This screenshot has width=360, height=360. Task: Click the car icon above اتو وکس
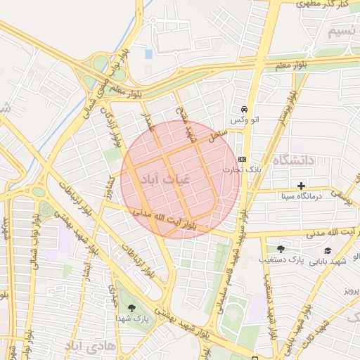(x=244, y=110)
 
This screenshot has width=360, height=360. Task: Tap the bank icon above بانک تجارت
(x=243, y=159)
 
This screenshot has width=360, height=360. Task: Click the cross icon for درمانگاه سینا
(x=302, y=186)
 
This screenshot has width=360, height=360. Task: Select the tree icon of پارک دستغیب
(x=281, y=250)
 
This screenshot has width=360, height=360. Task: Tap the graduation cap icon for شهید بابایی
(x=328, y=250)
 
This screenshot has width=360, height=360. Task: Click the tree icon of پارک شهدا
(x=132, y=307)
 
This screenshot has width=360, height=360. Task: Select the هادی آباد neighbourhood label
(x=86, y=346)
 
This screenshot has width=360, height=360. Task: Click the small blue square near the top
(x=148, y=54)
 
